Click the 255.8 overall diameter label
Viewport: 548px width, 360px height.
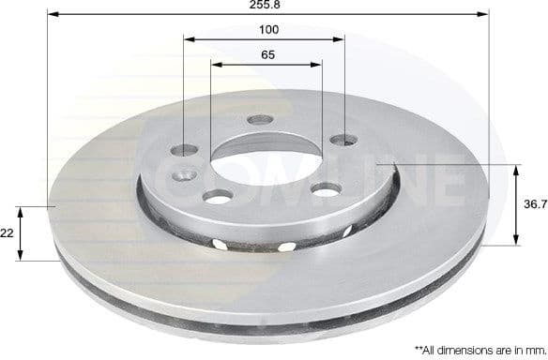[x=267, y=6]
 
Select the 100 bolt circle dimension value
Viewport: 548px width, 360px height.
[x=267, y=30]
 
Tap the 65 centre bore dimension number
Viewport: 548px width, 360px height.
[x=267, y=55]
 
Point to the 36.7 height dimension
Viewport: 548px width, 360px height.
[x=535, y=203]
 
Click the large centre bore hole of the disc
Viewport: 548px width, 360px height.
[x=266, y=160]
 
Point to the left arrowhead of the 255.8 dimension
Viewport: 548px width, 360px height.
[x=51, y=15]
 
